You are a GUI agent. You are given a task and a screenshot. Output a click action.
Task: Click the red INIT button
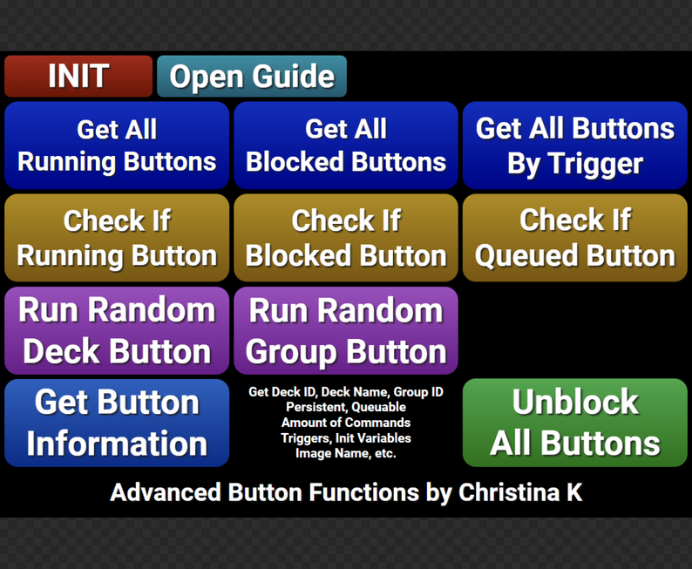78,77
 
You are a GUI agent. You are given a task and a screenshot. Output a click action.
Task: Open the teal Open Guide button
252,77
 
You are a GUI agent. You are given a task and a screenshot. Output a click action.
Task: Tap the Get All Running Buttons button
117,146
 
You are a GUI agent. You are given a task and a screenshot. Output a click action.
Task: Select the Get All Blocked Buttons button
346,146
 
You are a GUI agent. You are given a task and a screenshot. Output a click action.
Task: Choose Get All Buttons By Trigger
575,146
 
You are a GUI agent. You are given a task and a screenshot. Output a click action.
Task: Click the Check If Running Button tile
117,238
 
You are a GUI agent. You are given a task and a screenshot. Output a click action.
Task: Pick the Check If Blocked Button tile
346,238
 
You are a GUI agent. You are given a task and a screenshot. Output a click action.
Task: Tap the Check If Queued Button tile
575,238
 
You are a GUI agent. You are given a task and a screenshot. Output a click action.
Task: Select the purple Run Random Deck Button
117,330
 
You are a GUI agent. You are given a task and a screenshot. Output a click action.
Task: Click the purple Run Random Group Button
346,330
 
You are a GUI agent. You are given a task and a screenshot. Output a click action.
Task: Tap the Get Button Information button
117,423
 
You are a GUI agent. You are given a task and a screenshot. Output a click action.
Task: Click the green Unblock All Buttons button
575,423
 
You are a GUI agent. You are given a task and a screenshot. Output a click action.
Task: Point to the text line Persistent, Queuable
346,407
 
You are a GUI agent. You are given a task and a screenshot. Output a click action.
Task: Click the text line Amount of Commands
346,423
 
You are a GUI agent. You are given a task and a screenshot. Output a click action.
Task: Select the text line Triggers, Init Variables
346,438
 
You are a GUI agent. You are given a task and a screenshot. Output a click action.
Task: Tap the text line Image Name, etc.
346,453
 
